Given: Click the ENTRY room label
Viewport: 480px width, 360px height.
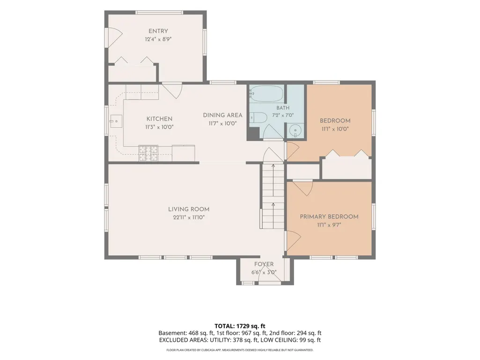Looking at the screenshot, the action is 158,31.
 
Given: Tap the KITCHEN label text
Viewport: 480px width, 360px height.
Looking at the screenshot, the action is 159,119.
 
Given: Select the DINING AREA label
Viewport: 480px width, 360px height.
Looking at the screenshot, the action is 222,115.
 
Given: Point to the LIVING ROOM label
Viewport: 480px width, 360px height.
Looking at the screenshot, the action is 189,209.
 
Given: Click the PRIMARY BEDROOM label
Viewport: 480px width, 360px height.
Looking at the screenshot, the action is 329,216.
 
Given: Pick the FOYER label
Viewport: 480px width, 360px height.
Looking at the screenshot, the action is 264,264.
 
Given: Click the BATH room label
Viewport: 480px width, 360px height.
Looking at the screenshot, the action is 283,108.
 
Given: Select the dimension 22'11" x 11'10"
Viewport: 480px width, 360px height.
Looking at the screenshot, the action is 189,217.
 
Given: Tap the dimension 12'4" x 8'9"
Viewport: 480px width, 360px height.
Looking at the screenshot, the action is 158,39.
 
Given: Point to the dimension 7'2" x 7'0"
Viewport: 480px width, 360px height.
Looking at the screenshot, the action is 283,116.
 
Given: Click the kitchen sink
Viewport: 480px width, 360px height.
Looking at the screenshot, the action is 116,121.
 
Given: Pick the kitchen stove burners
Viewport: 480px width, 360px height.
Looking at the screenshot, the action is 148,154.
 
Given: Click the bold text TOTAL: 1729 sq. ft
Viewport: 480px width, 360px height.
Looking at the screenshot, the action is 240,326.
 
